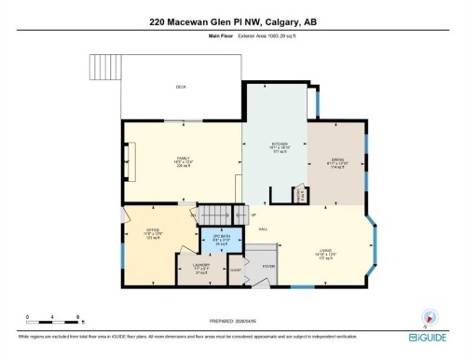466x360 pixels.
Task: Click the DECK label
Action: coord(181,87)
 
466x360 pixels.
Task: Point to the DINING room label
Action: coord(336,159)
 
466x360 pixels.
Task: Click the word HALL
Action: coord(263,229)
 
